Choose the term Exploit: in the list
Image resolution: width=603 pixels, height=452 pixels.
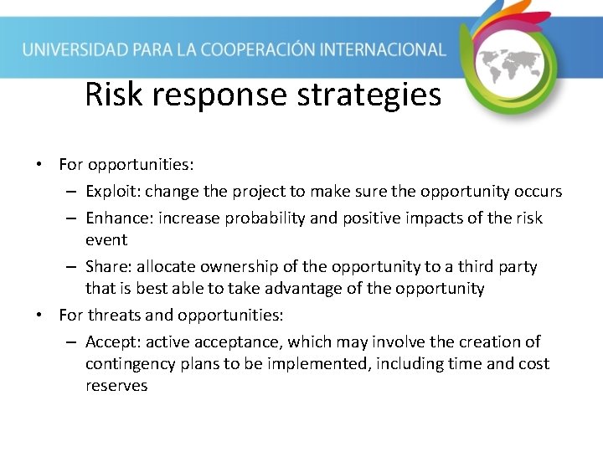pos(113,192)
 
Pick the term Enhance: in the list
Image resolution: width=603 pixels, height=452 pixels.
pos(118,218)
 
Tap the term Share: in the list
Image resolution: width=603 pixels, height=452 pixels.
pos(109,267)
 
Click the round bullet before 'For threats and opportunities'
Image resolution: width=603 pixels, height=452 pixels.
pos(39,316)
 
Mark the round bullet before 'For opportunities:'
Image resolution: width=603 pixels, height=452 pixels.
pos(39,164)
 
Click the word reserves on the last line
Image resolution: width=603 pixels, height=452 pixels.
pos(116,386)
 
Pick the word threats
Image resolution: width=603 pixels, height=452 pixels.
pos(118,316)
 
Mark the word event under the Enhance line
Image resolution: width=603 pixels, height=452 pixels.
pos(106,240)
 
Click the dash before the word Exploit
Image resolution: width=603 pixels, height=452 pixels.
pos(72,192)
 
